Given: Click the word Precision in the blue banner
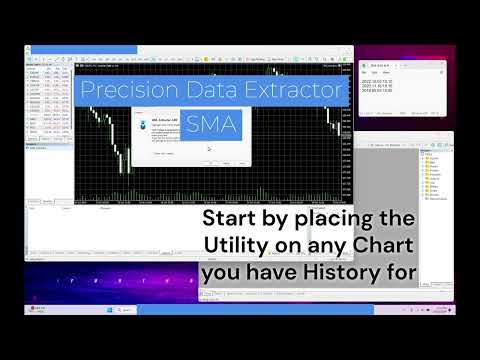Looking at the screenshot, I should point(129,91).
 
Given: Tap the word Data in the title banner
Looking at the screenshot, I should point(211,91).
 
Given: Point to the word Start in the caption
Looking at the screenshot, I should point(231,218).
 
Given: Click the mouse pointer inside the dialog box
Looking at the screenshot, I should point(209,149).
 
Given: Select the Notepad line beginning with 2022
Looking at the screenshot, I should point(377,80).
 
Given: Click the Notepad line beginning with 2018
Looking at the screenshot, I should point(377,90).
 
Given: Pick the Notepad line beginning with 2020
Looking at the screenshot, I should point(377,85).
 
